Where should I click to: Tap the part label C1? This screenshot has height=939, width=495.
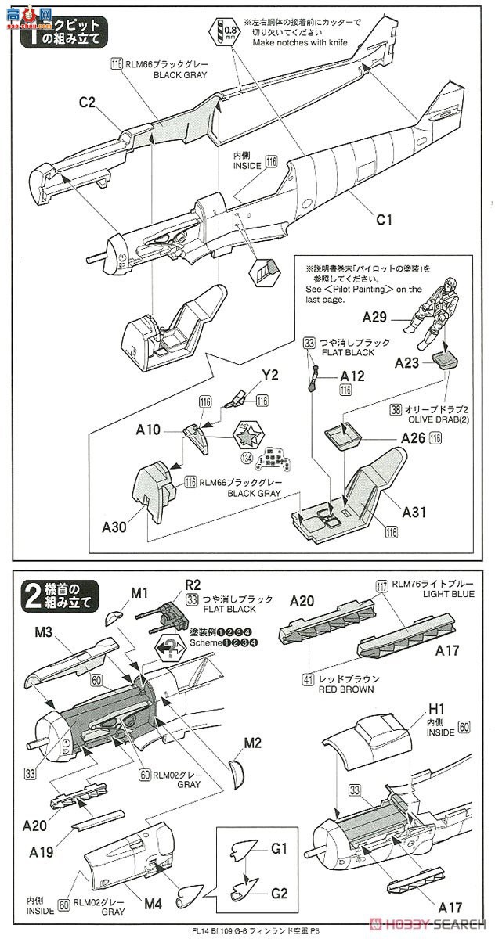382,219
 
